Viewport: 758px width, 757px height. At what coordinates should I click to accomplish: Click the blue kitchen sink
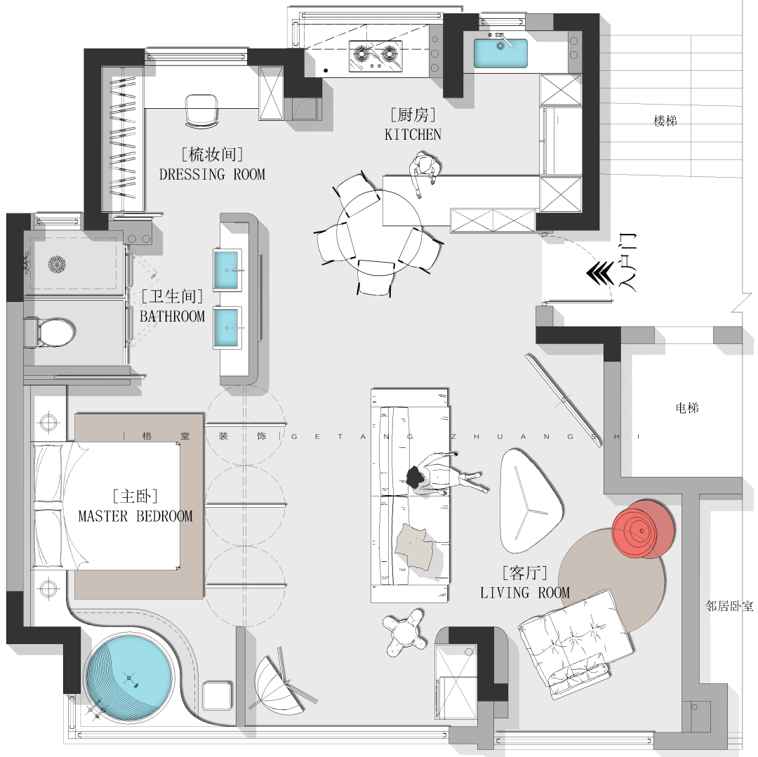tap(500, 53)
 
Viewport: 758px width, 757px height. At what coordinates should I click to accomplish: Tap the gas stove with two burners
tap(375, 55)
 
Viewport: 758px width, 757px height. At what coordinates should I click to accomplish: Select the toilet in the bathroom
tap(50, 332)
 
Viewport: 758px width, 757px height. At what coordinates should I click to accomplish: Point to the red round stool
tap(642, 529)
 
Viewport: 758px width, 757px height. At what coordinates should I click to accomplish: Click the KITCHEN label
tap(413, 134)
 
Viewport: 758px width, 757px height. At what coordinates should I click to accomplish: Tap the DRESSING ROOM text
tap(212, 174)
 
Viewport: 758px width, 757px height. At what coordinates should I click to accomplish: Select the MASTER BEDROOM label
tap(135, 516)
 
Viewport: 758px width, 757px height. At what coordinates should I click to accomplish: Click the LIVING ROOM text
tap(525, 593)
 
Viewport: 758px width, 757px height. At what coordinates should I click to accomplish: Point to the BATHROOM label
tap(173, 316)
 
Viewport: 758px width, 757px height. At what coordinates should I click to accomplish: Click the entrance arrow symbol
tap(600, 274)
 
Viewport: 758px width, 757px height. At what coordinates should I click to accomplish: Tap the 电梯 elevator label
tap(687, 408)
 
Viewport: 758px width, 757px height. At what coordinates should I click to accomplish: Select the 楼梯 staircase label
tap(665, 121)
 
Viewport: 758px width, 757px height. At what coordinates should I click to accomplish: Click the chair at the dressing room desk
tap(201, 111)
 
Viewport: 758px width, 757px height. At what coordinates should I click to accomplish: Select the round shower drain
tap(57, 264)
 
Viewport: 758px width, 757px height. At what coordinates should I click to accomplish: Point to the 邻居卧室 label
tap(729, 605)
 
